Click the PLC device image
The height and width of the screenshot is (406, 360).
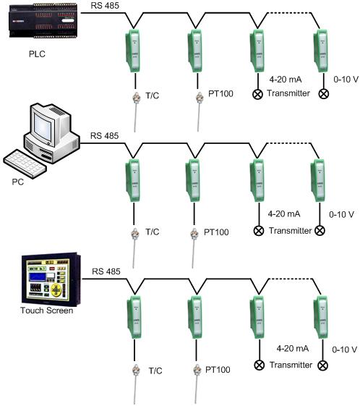(43, 20)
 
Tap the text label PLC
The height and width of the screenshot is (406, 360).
(37, 54)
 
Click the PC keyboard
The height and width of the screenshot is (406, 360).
(25, 164)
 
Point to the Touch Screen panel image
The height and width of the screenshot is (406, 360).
(51, 279)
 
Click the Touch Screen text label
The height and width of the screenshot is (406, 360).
(47, 310)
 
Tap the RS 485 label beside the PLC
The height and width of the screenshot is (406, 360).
(105, 6)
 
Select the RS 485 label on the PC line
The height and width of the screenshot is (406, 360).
(105, 135)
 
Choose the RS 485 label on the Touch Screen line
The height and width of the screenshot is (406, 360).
(106, 271)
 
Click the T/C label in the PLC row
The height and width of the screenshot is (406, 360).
(153, 96)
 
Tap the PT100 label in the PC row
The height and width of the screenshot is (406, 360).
(216, 232)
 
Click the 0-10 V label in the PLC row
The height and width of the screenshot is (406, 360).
(346, 79)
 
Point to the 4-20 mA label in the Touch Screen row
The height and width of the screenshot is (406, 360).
(293, 348)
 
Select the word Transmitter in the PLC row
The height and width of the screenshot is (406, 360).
(288, 93)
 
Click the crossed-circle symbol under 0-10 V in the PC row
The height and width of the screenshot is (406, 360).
(320, 230)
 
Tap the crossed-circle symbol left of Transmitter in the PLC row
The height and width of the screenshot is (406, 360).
(257, 94)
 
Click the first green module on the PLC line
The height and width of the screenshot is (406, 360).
(133, 51)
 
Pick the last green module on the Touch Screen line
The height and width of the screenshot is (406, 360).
(321, 316)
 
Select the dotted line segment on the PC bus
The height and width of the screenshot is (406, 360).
(288, 143)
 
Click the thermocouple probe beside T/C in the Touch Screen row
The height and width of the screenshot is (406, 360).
(135, 384)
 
